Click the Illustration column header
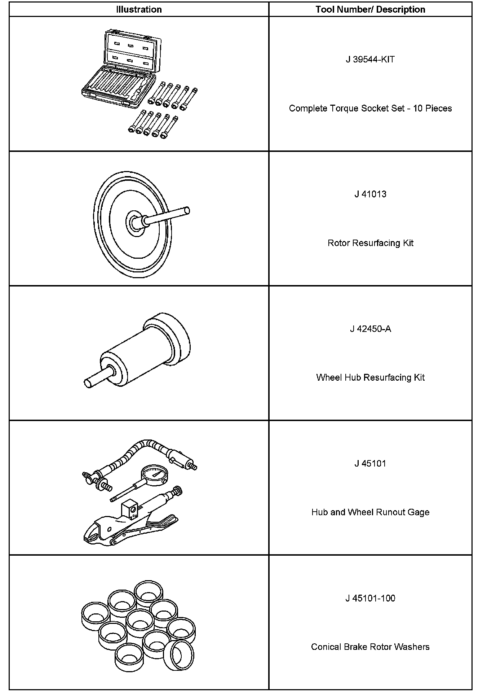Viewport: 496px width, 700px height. tap(139, 9)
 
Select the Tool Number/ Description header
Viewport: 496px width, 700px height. tap(370, 9)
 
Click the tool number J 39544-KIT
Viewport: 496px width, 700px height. tap(370, 60)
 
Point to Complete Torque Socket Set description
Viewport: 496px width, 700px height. tap(370, 108)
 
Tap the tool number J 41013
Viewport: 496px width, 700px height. tap(370, 194)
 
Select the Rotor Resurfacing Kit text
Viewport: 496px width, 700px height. tap(370, 243)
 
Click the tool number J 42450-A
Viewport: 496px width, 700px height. tap(370, 329)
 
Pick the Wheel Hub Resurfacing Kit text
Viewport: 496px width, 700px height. tap(370, 377)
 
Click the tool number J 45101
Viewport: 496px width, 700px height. tap(370, 463)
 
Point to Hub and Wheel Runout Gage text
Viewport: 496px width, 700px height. tap(370, 512)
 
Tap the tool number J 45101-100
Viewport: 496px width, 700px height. tap(370, 598)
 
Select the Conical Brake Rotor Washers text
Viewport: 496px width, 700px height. tap(370, 647)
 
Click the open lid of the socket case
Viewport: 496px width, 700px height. tap(131, 51)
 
